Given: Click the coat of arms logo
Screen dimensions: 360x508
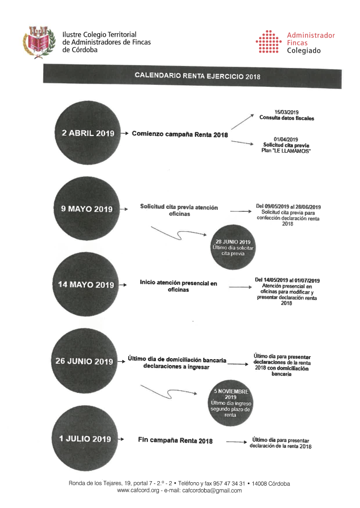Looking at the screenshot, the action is coord(39,43).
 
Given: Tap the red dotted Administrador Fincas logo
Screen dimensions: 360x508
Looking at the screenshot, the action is coord(268,42).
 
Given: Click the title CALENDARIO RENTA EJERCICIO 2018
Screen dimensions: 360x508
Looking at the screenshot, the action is coord(198,76).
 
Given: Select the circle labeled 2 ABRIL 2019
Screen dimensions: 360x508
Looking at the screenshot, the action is coord(87,132).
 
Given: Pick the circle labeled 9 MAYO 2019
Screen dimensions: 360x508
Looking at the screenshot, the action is coord(86,208).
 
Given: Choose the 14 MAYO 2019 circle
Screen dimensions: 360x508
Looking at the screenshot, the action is coord(85,284).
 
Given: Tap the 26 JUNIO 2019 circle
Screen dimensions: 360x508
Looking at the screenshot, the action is coord(84,361).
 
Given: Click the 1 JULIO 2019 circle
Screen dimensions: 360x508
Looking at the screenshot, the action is coord(84,439).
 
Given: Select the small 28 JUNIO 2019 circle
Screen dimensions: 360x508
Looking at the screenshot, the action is coord(233,247).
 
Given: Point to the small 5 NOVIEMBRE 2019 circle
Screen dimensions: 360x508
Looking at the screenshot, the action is coord(230,403).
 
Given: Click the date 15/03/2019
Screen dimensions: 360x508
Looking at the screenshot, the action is coord(287,112).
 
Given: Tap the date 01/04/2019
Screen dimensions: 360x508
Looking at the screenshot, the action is coord(286,139).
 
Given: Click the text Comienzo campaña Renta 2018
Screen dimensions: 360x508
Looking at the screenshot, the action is coord(180,134).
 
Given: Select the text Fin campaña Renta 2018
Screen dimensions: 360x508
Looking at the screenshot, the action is coord(175,440).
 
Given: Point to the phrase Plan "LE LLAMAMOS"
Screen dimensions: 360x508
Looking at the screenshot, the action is coord(286,151).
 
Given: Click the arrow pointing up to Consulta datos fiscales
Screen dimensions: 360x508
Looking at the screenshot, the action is coord(242,122).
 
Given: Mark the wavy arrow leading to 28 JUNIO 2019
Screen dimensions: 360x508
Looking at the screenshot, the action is coord(179,233).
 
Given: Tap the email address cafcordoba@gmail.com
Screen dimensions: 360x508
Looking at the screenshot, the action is coord(212,491).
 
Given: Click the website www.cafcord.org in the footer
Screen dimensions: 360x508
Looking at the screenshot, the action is coord(138,491).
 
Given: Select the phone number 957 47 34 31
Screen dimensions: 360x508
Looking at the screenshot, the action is coord(229,483).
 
